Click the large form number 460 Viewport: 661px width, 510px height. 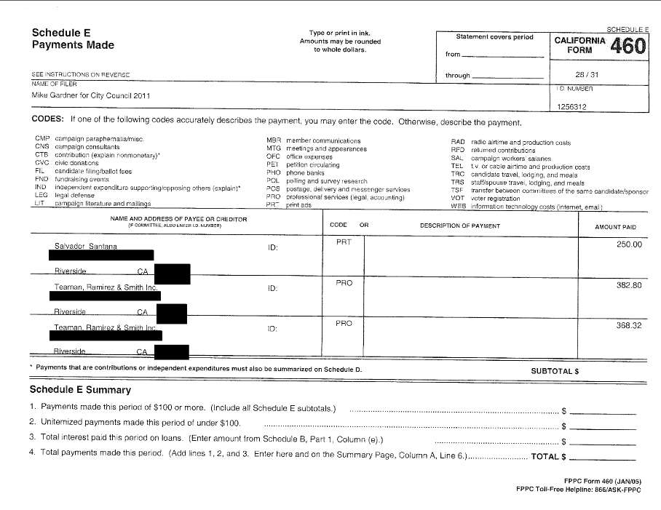pyautogui.click(x=628, y=47)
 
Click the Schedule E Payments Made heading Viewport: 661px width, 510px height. pyautogui.click(x=73, y=39)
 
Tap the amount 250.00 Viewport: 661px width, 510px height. pyautogui.click(x=629, y=244)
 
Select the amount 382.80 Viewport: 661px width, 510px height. pyautogui.click(x=629, y=285)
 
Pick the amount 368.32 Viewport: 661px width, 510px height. pyautogui.click(x=629, y=325)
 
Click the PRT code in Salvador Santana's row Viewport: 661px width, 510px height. pyautogui.click(x=344, y=242)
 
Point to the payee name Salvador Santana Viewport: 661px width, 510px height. pyautogui.click(x=86, y=246)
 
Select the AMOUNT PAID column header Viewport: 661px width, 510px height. pyautogui.click(x=615, y=226)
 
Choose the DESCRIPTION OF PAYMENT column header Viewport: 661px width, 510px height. pyautogui.click(x=459, y=226)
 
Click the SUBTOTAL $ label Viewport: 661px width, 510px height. pyautogui.click(x=555, y=370)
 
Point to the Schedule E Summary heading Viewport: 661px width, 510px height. pyautogui.click(x=80, y=390)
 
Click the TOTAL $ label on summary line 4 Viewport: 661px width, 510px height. pyautogui.click(x=548, y=457)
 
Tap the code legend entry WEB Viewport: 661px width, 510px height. pyautogui.click(x=457, y=206)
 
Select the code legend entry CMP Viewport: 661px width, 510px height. pyautogui.click(x=41, y=138)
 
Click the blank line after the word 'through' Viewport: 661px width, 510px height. pyautogui.click(x=507, y=76)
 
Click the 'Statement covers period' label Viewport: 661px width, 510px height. pyautogui.click(x=494, y=37)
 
